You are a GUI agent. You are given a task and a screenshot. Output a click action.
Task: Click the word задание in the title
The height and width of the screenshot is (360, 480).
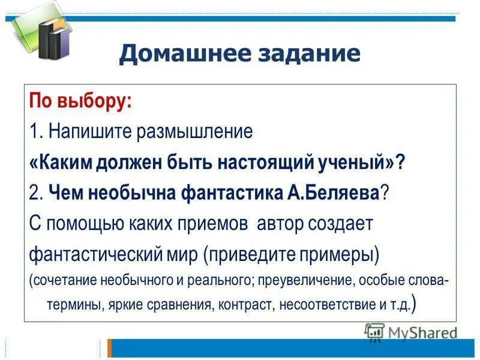310,55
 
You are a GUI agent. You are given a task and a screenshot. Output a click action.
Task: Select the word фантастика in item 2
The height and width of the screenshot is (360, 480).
216,193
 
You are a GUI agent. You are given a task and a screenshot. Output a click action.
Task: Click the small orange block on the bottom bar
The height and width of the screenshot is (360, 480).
109,348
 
